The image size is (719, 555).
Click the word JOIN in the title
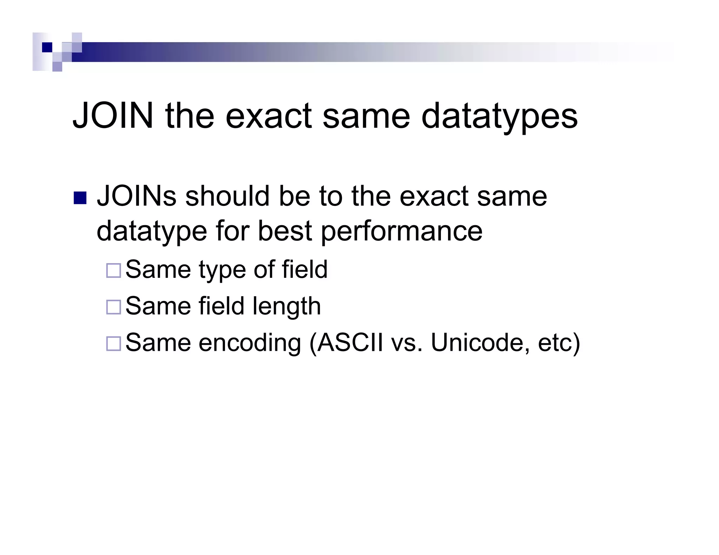(113, 116)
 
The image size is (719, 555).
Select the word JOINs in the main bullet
(137, 196)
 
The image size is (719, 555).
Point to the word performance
(402, 232)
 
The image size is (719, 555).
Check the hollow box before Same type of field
(113, 270)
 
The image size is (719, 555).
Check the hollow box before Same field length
(113, 307)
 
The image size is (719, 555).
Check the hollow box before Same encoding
(113, 343)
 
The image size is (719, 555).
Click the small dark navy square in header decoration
(47, 47)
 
